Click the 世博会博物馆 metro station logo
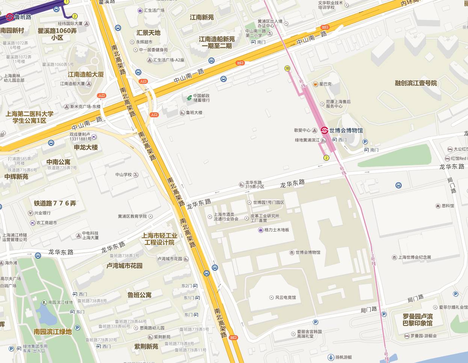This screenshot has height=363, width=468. (325, 131)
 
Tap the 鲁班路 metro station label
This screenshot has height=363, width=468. (23, 17)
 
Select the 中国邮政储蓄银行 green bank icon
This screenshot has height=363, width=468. (189, 98)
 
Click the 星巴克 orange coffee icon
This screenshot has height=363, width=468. (316, 84)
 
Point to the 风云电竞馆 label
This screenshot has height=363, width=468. (285, 298)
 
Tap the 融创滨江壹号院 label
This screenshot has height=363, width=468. (416, 83)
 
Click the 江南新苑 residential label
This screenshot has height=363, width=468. (202, 17)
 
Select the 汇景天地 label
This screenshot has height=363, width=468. (148, 33)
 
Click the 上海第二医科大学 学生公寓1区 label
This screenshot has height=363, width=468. (29, 117)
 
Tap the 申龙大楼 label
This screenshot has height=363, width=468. (86, 147)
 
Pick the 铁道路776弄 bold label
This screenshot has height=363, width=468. (55, 203)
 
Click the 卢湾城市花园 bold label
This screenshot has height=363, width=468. (124, 266)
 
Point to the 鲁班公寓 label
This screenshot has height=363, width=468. (139, 295)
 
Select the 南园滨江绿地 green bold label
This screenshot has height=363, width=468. (52, 331)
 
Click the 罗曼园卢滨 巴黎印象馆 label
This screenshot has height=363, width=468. (418, 320)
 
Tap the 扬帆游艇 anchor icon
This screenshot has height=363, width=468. (331, 357)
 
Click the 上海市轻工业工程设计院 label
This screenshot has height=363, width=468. (160, 239)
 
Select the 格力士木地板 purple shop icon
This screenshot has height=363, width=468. (261, 230)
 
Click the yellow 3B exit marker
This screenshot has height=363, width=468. (287, 68)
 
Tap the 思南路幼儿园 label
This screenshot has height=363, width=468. (152, 328)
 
